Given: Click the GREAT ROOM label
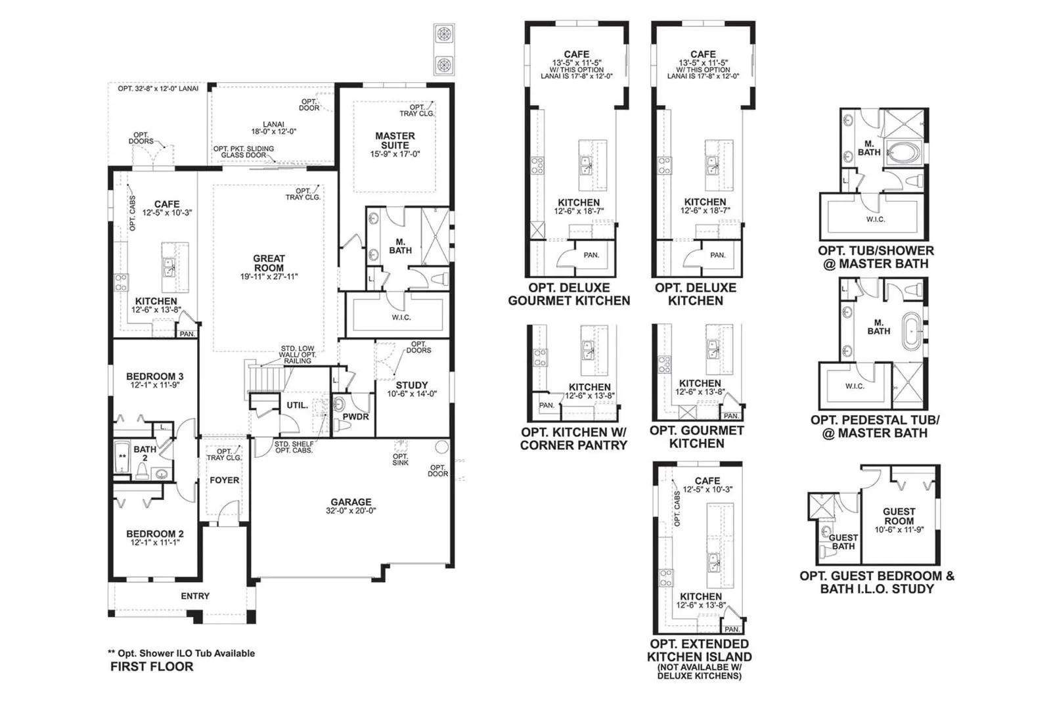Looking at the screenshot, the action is point(269,263).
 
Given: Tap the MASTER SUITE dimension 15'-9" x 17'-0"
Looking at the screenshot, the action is point(395,154).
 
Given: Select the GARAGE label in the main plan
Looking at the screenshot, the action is point(351,501).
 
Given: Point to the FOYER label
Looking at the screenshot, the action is point(224,480).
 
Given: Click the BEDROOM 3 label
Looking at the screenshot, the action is point(155,376).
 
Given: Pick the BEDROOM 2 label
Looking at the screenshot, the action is point(155,534).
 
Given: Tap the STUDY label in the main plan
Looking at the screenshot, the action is point(411,385).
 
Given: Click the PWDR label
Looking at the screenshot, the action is point(355,417).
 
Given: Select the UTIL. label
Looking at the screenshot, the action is point(298,405).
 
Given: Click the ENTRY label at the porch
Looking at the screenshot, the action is point(195,596).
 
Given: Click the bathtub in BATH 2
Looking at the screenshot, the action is point(122,457).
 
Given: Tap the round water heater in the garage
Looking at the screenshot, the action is point(441,447).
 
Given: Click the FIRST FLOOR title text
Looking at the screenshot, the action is point(152,667).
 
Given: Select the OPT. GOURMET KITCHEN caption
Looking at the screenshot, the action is point(697,437).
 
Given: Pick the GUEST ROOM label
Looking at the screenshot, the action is point(899,516).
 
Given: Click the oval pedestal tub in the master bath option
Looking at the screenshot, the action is point(912,331).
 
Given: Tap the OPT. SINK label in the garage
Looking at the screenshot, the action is point(400,459).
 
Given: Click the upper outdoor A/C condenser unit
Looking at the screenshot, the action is point(444,34).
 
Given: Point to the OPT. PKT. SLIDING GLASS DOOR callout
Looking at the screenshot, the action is point(244,152).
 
